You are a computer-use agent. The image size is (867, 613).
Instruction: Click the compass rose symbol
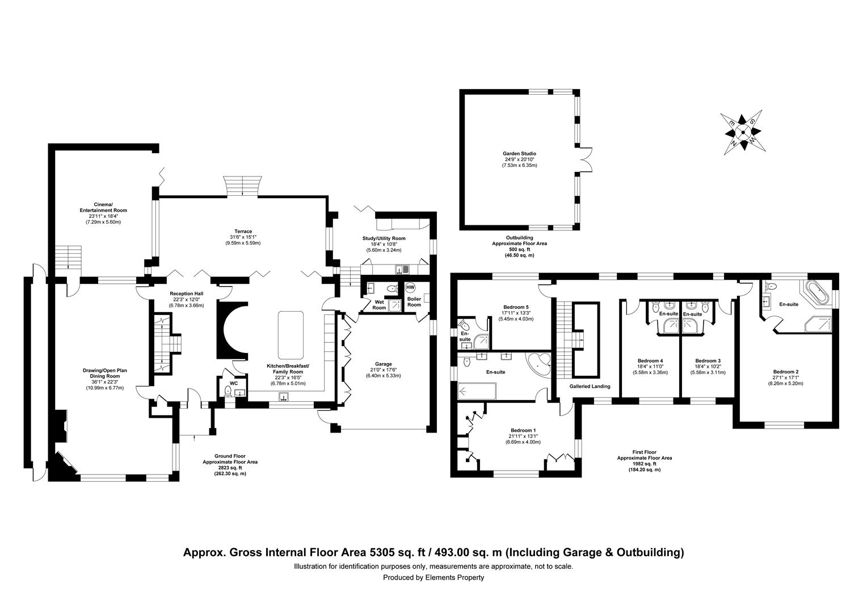click(x=743, y=132)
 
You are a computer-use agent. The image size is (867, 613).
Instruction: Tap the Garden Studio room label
click(x=519, y=154)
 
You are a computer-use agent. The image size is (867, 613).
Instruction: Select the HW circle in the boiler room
click(x=410, y=288)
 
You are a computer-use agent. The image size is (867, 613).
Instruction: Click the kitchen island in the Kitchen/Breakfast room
click(x=291, y=335)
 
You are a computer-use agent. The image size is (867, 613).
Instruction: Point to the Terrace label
click(x=243, y=232)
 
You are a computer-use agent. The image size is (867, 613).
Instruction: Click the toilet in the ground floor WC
click(x=228, y=392)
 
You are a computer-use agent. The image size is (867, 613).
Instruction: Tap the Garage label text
click(x=383, y=364)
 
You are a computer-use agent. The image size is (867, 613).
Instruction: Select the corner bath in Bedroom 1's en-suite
click(x=538, y=365)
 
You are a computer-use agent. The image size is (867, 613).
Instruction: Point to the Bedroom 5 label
click(x=516, y=307)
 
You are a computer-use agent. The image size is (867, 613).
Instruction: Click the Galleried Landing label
click(x=590, y=386)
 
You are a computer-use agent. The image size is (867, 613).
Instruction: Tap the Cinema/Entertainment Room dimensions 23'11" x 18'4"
click(x=103, y=216)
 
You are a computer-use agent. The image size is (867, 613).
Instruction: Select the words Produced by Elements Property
click(x=433, y=577)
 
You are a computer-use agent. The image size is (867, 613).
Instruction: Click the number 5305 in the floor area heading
click(x=383, y=552)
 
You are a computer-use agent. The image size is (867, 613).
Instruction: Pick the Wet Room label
click(x=379, y=305)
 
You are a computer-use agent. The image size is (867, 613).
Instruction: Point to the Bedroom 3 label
click(x=708, y=360)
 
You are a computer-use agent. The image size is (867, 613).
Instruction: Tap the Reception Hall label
click(x=186, y=293)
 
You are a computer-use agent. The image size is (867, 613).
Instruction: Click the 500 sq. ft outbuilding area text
click(x=519, y=250)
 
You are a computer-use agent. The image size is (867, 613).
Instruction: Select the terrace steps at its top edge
click(x=243, y=186)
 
